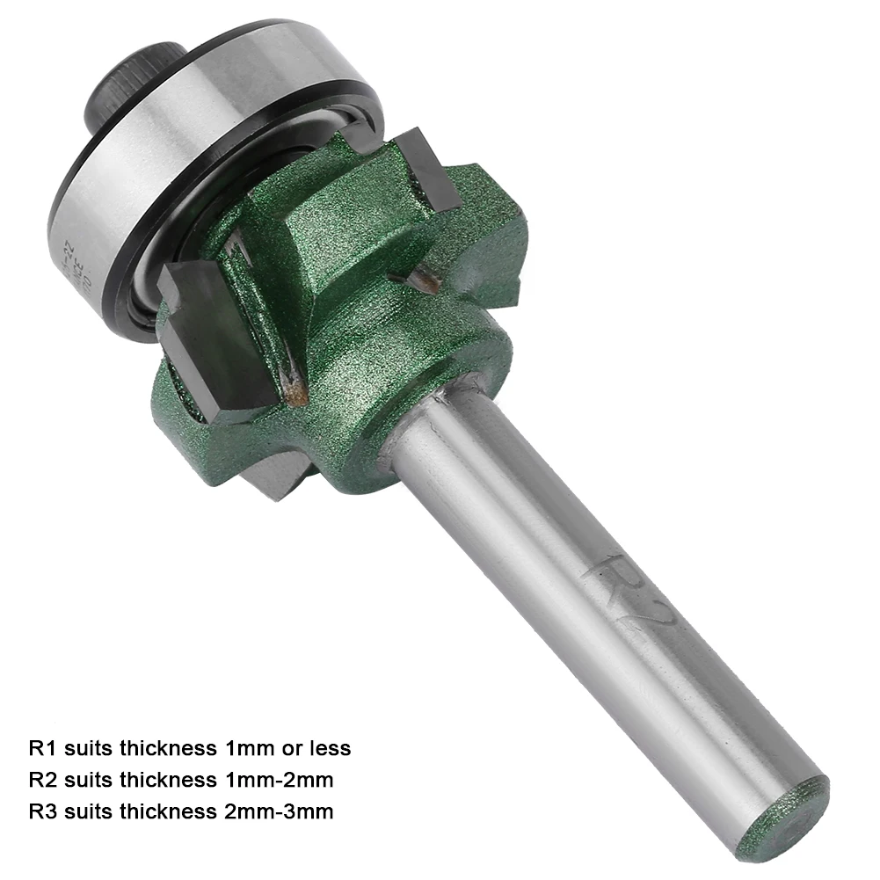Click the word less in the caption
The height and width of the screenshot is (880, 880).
tap(329, 748)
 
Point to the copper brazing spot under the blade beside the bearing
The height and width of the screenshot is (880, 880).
tap(422, 280)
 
